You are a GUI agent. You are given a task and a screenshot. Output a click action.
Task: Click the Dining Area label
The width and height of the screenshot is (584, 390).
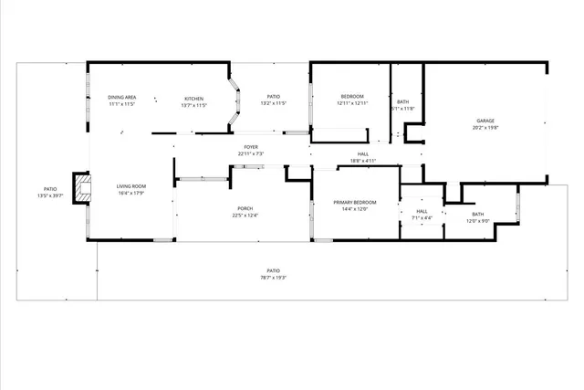pos(122,98)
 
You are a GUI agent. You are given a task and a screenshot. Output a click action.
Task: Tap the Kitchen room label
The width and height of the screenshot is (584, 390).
pos(194,99)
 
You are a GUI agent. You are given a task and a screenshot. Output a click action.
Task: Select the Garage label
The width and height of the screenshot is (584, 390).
pos(485,121)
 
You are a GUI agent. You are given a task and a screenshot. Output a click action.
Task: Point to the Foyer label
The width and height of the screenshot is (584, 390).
pos(250,147)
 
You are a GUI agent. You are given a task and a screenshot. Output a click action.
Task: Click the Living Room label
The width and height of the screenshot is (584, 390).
pos(130,186)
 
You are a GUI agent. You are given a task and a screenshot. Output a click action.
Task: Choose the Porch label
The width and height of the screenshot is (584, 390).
pos(245,208)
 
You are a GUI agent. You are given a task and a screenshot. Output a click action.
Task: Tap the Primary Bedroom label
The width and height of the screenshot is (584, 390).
pos(354,202)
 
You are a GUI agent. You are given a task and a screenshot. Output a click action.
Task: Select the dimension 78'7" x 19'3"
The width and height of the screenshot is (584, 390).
pos(273,278)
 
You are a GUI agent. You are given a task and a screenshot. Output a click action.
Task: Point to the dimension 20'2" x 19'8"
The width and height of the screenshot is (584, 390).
pos(485,128)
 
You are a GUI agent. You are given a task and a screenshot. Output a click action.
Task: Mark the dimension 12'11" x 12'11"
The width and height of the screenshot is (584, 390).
pos(352,104)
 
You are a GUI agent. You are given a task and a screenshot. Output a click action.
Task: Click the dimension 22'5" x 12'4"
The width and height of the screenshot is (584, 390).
pos(245,216)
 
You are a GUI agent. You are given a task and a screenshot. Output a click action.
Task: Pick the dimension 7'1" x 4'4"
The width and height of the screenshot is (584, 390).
pos(421,218)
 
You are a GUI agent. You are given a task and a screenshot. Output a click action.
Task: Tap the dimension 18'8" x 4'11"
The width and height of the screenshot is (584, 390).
pos(363,161)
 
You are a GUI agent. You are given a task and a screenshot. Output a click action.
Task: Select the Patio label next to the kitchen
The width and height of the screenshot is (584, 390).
pos(273,97)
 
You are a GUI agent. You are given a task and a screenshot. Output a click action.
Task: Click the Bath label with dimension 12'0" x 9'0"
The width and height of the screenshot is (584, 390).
pos(478,214)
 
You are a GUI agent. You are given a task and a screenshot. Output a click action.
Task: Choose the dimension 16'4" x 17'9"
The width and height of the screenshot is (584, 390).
pos(130,194)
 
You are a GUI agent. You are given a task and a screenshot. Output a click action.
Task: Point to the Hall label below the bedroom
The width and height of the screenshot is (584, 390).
pos(363,153)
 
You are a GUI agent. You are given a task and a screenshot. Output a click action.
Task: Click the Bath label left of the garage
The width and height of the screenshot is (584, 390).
pos(402,101)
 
